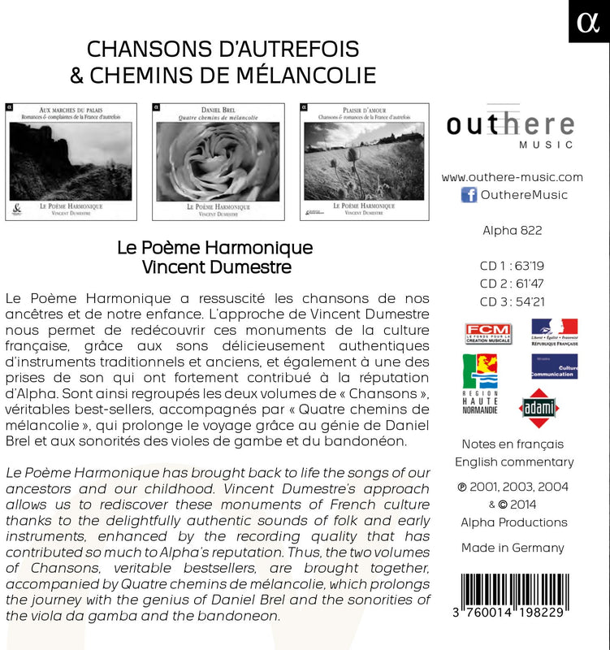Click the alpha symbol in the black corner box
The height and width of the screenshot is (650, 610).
point(589,22)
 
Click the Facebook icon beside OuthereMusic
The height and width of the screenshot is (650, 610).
point(469,195)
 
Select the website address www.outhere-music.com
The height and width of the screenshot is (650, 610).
point(513,177)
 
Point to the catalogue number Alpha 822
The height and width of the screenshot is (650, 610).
point(512,230)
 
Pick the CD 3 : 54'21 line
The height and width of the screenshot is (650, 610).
point(512,301)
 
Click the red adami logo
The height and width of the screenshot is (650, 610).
point(539,407)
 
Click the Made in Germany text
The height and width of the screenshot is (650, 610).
point(513,548)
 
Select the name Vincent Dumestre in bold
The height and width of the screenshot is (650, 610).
point(215,266)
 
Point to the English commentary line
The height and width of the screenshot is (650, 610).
point(514,462)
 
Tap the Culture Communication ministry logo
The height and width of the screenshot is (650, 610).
point(554,370)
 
